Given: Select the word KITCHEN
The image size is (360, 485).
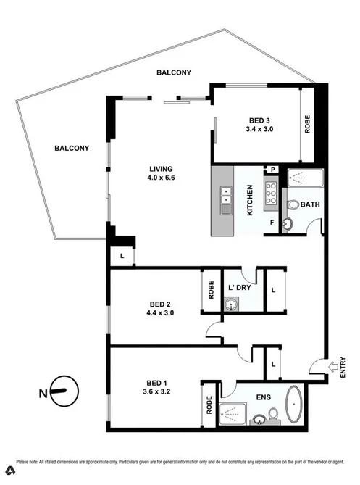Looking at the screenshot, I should (250, 201).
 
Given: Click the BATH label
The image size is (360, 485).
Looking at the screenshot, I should (309, 204).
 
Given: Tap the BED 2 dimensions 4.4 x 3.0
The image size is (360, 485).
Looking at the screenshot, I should (161, 313).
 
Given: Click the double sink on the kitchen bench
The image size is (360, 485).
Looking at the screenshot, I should (226, 196).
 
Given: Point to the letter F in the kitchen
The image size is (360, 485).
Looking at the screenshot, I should (272, 223).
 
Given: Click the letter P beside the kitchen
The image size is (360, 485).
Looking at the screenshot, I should (274, 169).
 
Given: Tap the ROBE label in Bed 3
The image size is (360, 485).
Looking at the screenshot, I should (307, 124).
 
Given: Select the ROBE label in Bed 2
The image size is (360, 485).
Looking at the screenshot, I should (211, 290).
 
